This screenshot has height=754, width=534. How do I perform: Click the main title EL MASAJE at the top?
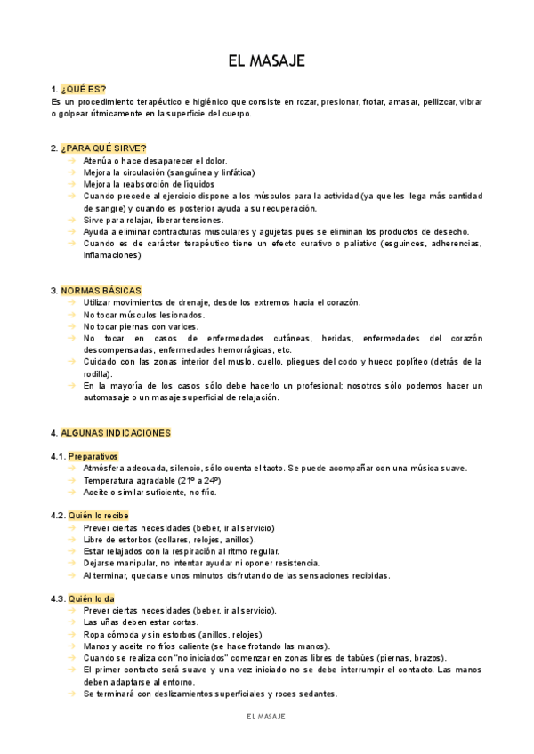[267, 60]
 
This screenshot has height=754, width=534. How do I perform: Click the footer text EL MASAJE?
[266, 717]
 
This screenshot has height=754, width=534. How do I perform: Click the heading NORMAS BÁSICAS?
[101, 291]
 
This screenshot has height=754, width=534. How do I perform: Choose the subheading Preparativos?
[93, 456]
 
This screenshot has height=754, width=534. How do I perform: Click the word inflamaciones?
[113, 255]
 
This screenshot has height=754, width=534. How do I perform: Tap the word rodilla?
[99, 373]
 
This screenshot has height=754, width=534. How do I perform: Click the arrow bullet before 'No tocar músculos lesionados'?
[72, 315]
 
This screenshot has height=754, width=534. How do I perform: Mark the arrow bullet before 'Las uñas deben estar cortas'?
[72, 622]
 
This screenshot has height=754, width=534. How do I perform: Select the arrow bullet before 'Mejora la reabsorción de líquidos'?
[72, 184]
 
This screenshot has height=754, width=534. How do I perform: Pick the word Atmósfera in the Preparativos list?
[108, 469]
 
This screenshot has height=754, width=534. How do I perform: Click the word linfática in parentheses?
[235, 172]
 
